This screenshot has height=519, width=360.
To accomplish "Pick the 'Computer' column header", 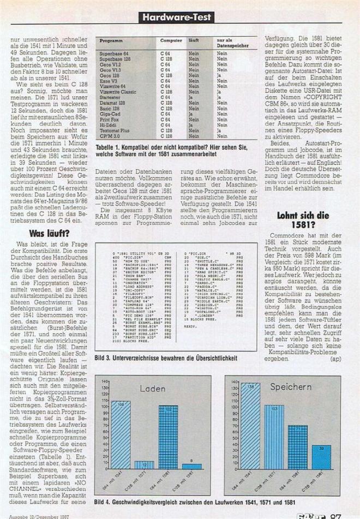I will [171, 41].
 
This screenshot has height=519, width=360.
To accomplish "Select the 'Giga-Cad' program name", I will [109, 114].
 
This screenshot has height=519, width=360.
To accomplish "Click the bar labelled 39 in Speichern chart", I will [321, 461].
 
